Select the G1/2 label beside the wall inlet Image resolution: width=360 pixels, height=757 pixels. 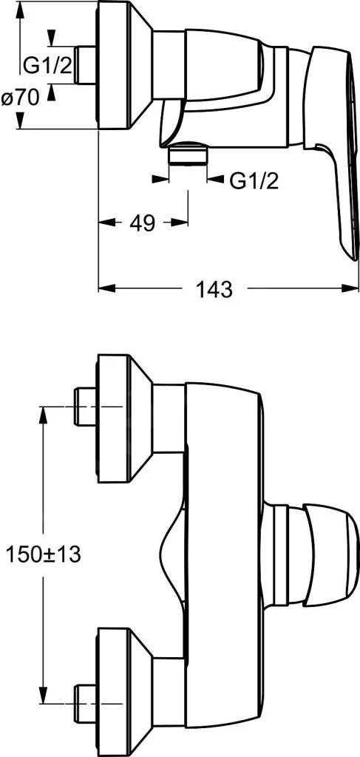(x=47, y=66)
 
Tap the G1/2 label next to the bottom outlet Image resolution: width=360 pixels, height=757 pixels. (x=254, y=180)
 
